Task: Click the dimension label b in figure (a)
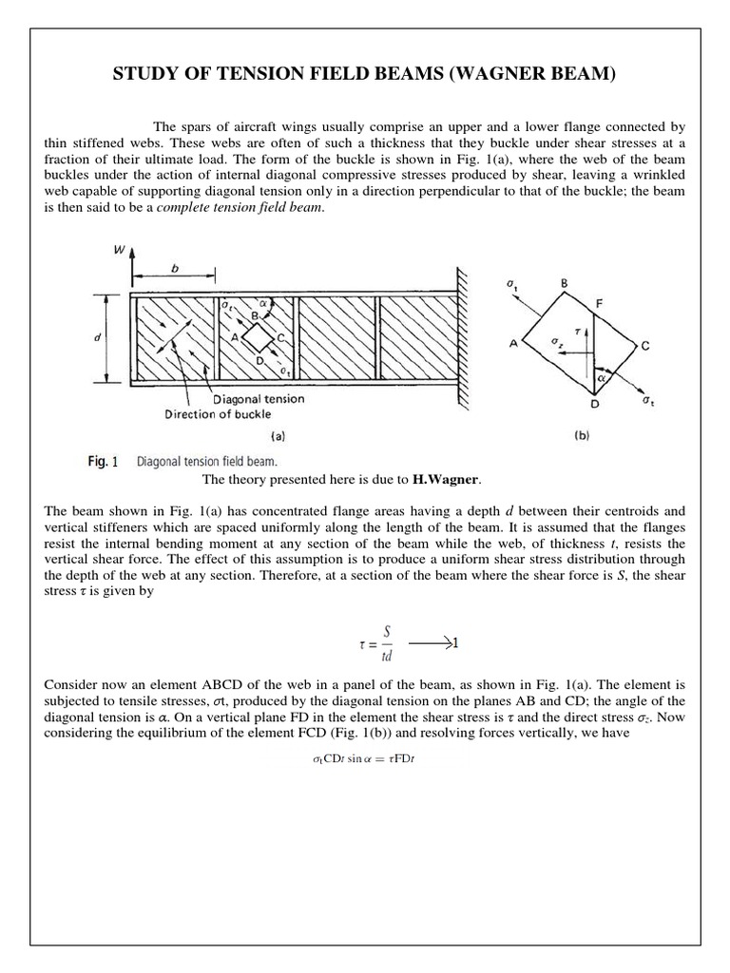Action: click(174, 269)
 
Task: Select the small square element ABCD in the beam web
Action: click(256, 335)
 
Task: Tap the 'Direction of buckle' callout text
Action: click(218, 414)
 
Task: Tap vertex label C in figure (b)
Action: click(645, 348)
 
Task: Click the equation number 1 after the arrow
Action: click(455, 642)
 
